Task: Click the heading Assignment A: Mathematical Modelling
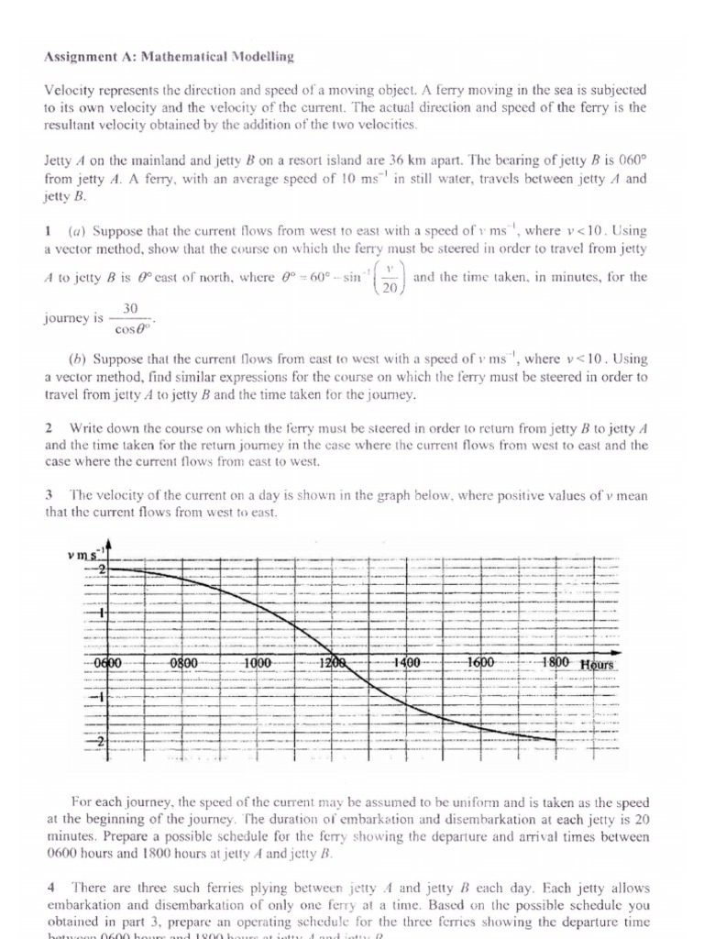(169, 57)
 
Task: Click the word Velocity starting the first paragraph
(71, 90)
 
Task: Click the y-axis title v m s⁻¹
(87, 555)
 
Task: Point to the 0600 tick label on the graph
(107, 662)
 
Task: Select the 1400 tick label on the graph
(406, 662)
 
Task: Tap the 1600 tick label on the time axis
(480, 662)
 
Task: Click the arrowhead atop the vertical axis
(110, 546)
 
